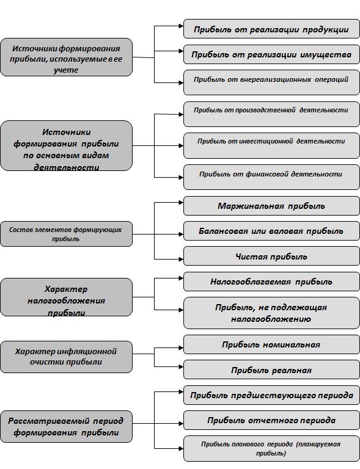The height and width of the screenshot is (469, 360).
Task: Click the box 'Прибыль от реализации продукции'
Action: tap(271, 29)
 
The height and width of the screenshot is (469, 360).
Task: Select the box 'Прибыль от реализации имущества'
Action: tap(271, 54)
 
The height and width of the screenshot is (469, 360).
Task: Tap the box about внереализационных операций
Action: tap(271, 82)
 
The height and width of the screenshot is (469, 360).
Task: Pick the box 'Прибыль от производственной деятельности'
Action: tap(271, 114)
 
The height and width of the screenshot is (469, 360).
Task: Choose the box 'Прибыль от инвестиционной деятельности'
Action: tap(271, 146)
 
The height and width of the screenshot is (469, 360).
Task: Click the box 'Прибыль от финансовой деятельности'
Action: tap(271, 177)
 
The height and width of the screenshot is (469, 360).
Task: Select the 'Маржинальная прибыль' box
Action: tap(271, 206)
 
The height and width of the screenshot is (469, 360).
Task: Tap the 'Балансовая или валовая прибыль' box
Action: tap(271, 231)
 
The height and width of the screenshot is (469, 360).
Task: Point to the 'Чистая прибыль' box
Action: tap(271, 256)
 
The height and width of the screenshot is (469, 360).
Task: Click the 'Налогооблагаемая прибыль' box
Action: tap(271, 282)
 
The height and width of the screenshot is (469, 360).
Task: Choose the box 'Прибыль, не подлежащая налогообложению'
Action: tap(271, 313)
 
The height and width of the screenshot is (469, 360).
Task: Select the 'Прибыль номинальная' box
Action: tap(271, 344)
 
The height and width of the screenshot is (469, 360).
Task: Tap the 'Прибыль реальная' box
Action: tap(271, 369)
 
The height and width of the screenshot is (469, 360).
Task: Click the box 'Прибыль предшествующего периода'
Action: tap(271, 395)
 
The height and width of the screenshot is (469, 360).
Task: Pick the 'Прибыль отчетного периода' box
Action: tap(271, 420)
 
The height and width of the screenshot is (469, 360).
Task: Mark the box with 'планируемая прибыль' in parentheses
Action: tap(271, 448)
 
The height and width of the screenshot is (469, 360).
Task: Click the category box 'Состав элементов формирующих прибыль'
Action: tap(66, 234)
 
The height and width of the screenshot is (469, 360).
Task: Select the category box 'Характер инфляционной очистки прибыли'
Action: tap(66, 357)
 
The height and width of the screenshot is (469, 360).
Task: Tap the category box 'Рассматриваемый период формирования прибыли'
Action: tap(66, 426)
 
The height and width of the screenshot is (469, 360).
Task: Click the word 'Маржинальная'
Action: tap(251, 206)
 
